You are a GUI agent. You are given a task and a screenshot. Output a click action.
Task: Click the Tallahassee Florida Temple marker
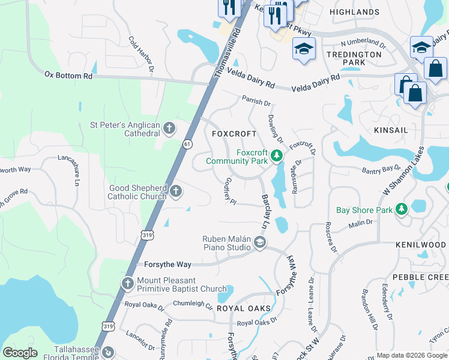(108, 353)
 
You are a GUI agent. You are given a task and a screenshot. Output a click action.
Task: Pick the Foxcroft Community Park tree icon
(276, 157)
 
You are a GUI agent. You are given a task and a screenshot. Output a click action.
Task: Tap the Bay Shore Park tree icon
(401, 209)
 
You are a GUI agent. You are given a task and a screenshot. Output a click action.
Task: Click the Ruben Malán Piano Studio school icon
(259, 242)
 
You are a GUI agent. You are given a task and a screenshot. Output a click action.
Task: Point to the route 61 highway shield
(188, 143)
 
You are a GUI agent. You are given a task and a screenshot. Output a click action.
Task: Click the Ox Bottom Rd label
(68, 76)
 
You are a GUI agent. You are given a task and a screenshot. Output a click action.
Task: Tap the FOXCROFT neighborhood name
(234, 134)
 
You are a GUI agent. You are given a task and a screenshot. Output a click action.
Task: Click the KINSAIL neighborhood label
(390, 130)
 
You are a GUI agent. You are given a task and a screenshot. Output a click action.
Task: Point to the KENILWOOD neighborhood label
(420, 245)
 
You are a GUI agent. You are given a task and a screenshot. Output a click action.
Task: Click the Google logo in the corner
(20, 353)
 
